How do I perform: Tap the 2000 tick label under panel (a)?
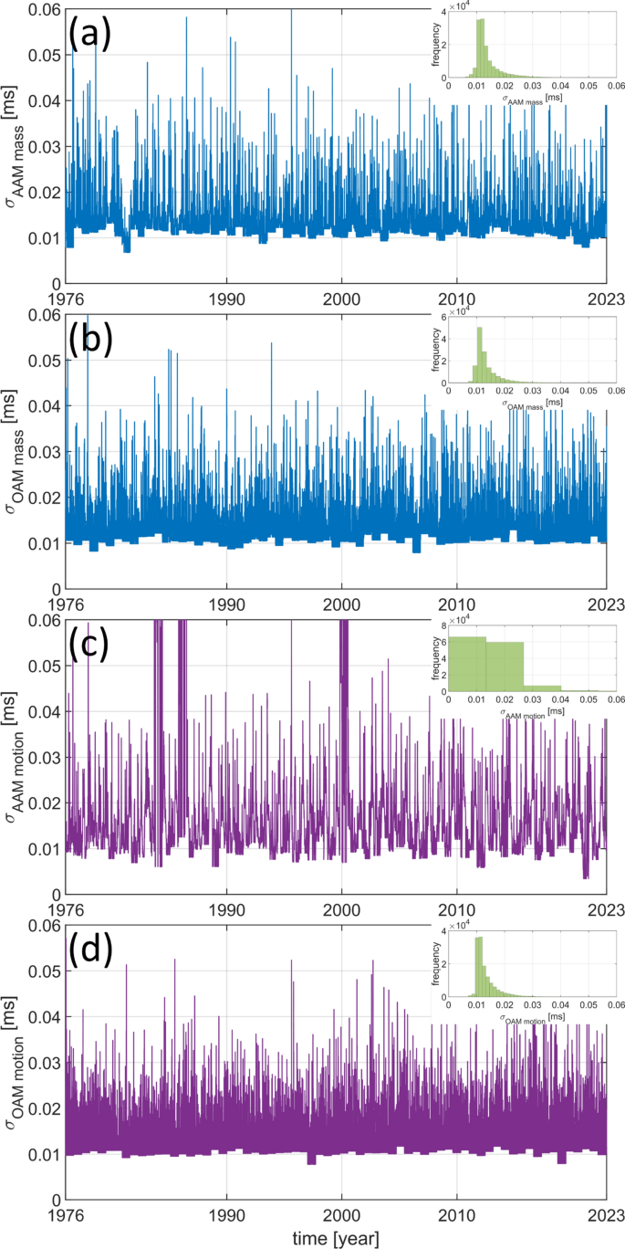pos(341,299)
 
